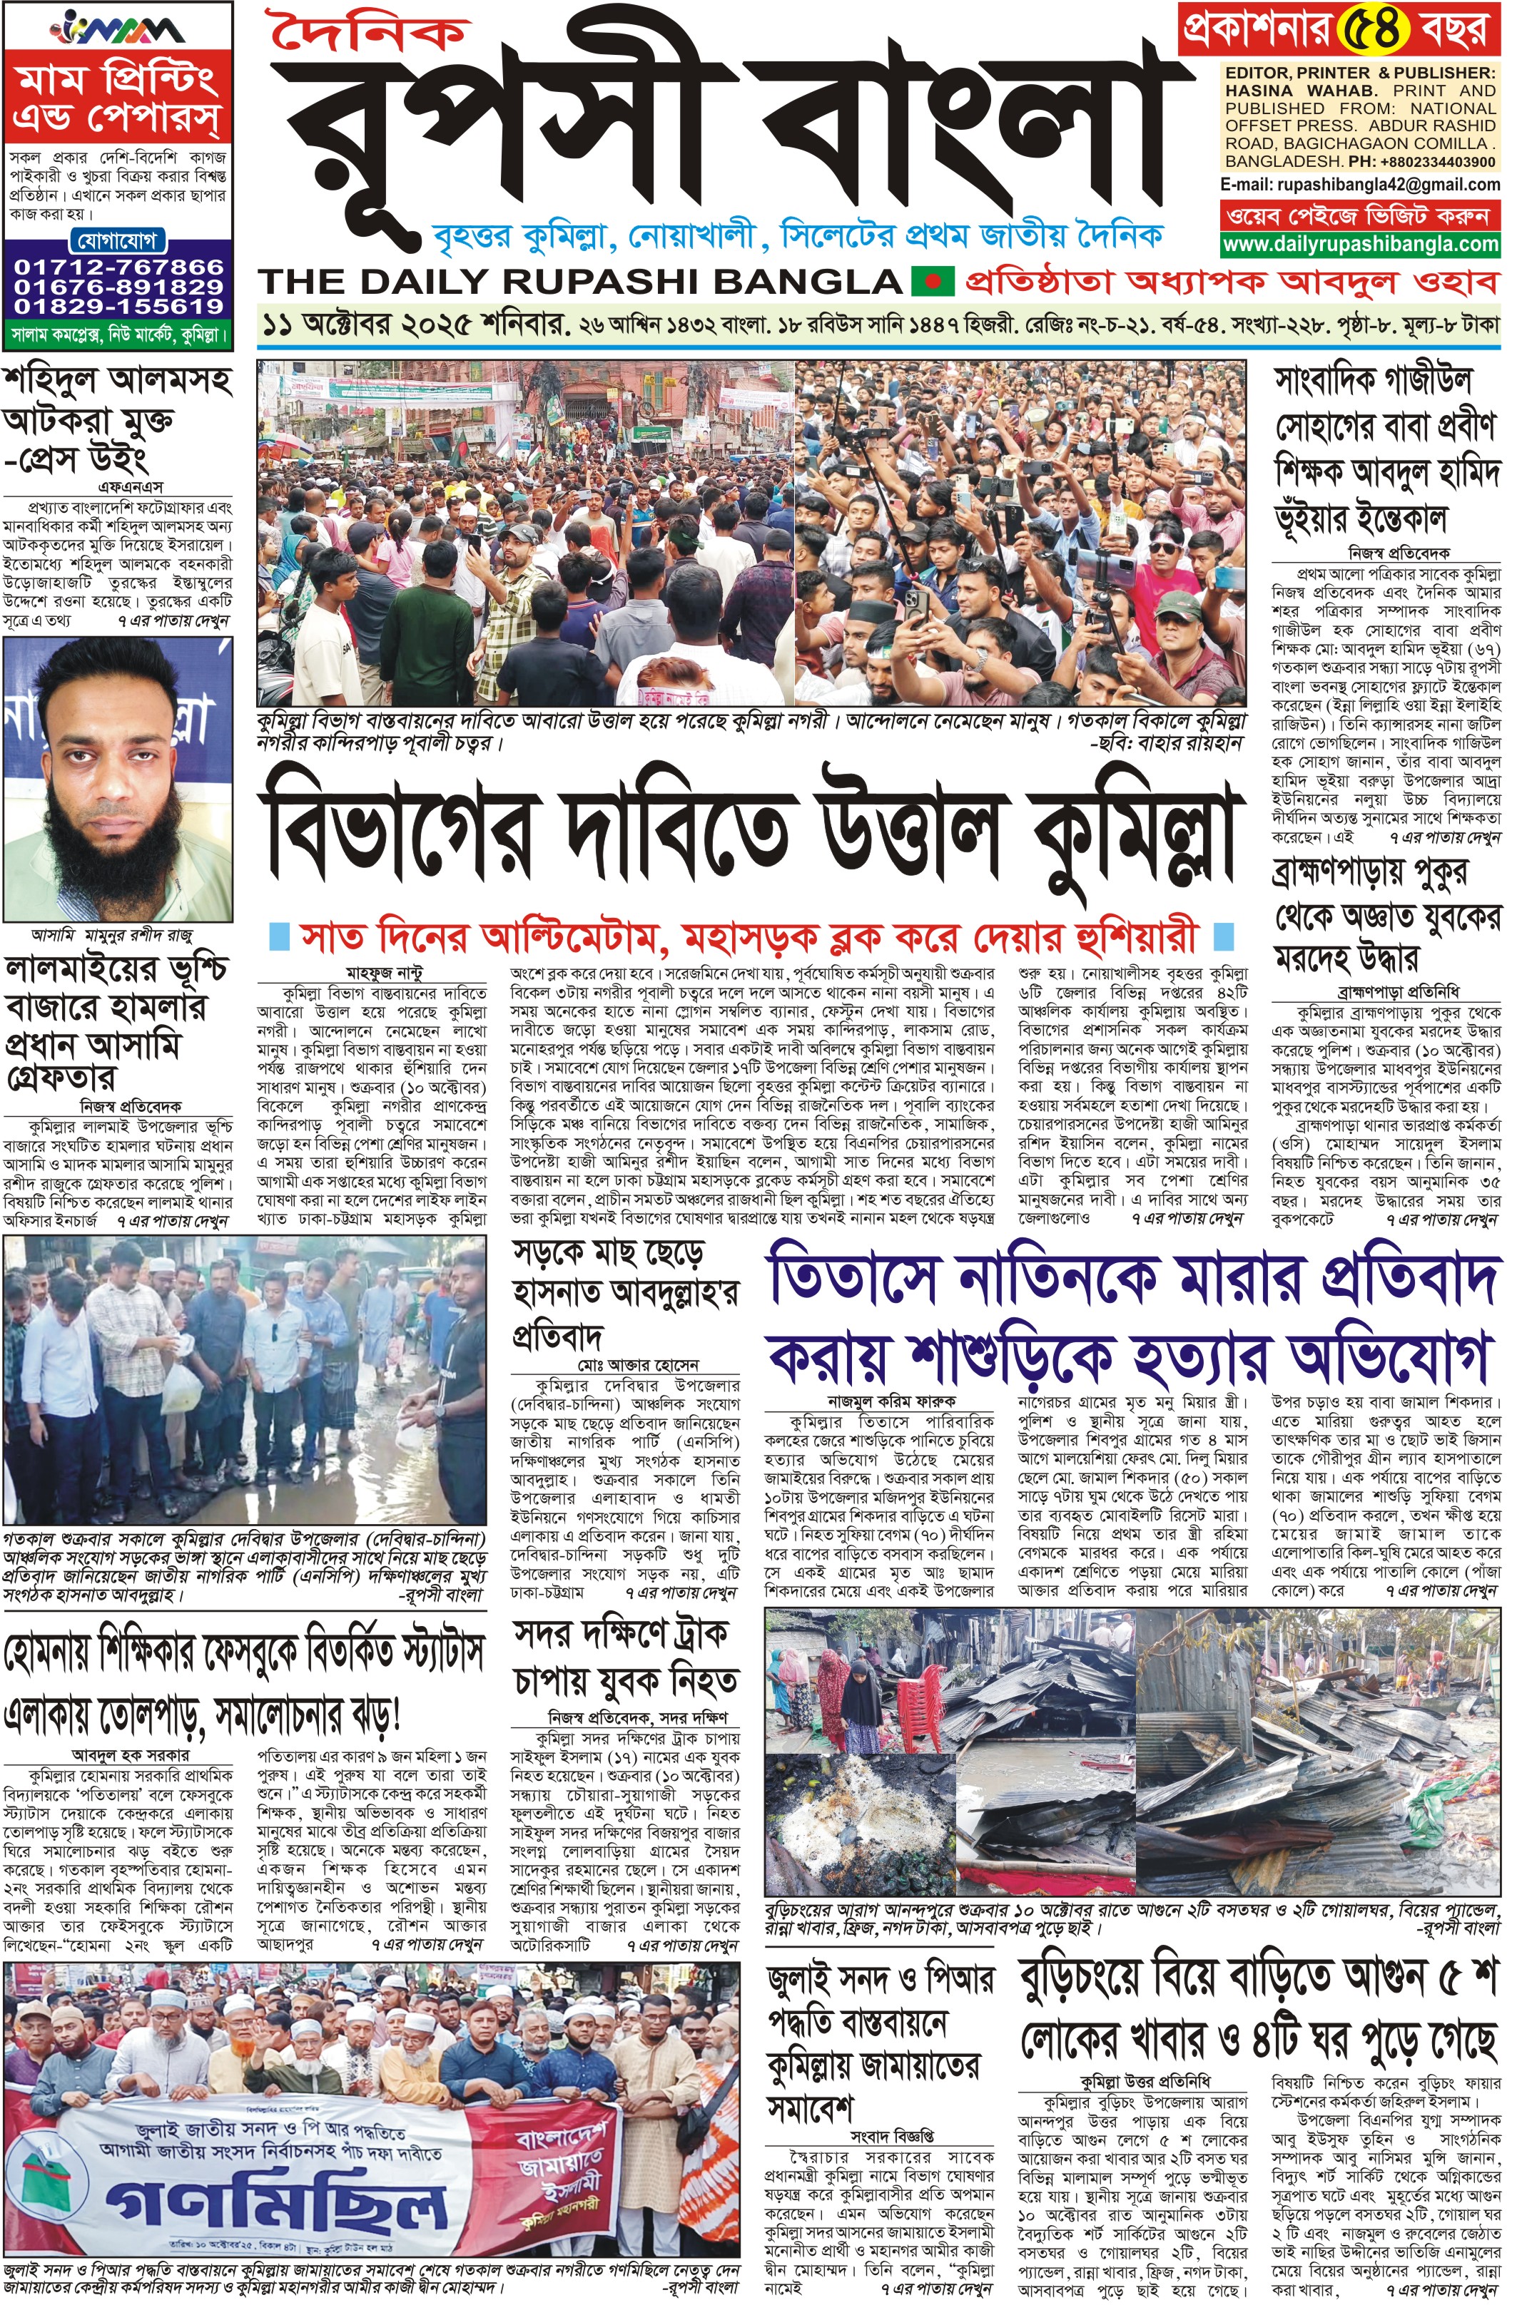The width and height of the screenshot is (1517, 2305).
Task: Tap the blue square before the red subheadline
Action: [x=279, y=936]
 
